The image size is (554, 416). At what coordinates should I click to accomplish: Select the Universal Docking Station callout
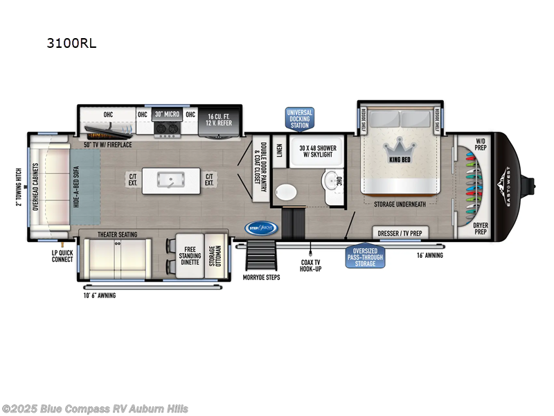[299, 118]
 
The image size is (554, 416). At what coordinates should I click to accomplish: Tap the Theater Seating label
[116, 235]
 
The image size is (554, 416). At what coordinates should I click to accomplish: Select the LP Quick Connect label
[61, 256]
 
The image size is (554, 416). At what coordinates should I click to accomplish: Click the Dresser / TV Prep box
[401, 233]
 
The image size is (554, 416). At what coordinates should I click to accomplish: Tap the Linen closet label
[278, 150]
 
